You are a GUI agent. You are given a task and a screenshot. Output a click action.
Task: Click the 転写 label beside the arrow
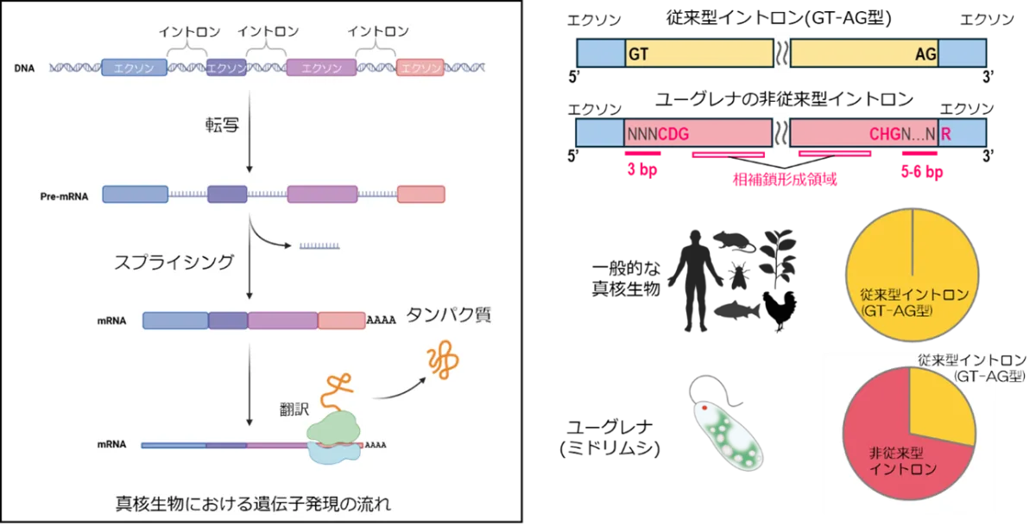(x=222, y=126)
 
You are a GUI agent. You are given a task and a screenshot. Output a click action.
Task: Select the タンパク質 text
(x=449, y=315)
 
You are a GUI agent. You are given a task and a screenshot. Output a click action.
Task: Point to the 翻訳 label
(x=294, y=409)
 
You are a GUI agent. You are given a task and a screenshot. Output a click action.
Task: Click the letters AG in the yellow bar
(x=925, y=54)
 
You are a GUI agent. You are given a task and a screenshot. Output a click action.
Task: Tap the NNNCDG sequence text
(x=658, y=133)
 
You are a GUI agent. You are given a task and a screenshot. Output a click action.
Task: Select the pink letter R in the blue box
(x=946, y=133)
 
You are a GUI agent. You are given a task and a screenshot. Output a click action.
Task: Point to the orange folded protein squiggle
(x=444, y=361)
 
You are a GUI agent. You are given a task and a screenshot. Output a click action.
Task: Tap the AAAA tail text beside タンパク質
(x=381, y=321)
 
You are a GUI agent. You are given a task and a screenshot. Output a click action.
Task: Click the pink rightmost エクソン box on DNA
(x=420, y=67)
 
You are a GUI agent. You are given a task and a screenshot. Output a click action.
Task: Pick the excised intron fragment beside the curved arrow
(x=319, y=246)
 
